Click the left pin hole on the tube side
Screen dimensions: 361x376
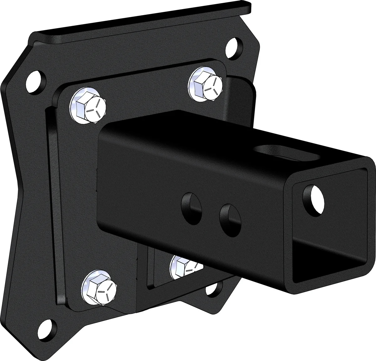point(191,207)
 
